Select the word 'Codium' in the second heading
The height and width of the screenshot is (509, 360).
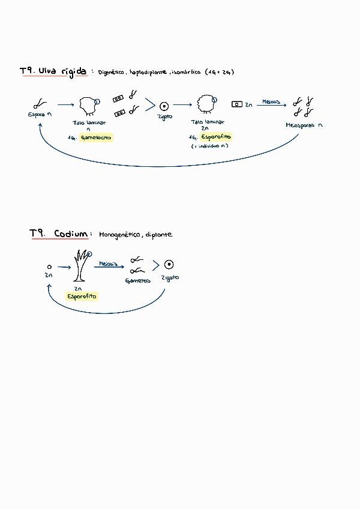tap(71, 233)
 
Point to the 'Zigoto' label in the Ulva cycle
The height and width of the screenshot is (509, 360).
tap(164, 116)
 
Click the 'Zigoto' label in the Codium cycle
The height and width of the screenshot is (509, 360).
tap(170, 278)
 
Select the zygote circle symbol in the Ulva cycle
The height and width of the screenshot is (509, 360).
tap(164, 106)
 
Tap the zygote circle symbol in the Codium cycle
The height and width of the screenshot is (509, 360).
tap(170, 265)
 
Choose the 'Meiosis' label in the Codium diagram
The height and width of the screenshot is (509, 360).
tap(107, 262)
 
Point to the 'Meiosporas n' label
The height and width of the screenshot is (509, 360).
tap(304, 125)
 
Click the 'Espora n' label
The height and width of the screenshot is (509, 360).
tap(40, 115)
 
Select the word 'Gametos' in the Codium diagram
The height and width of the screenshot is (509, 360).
tap(137, 280)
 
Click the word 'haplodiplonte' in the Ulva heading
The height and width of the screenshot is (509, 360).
tap(148, 72)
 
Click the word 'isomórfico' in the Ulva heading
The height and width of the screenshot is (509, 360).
tap(185, 72)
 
